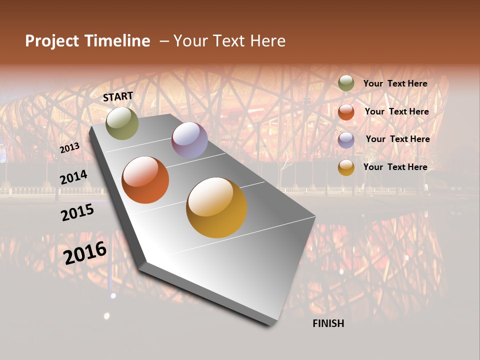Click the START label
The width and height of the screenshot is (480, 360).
click(118, 96)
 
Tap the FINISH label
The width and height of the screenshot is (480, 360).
click(328, 323)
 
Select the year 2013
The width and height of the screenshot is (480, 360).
click(69, 148)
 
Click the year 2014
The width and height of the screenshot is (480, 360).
click(73, 177)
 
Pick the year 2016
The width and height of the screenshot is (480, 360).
click(85, 252)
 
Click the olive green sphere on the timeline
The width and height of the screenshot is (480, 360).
click(122, 123)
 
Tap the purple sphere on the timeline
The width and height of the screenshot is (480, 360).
click(189, 140)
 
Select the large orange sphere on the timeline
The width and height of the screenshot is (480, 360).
click(145, 180)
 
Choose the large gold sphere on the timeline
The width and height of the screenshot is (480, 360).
click(216, 207)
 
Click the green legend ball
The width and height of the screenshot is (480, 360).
click(346, 83)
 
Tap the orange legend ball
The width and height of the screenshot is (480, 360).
click(346, 112)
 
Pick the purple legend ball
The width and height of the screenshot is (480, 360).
click(346, 139)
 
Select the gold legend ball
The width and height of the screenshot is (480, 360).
click(346, 167)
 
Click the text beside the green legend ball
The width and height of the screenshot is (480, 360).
click(395, 83)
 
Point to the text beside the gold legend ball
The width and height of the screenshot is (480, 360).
click(395, 167)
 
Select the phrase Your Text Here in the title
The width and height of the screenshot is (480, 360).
click(229, 41)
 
